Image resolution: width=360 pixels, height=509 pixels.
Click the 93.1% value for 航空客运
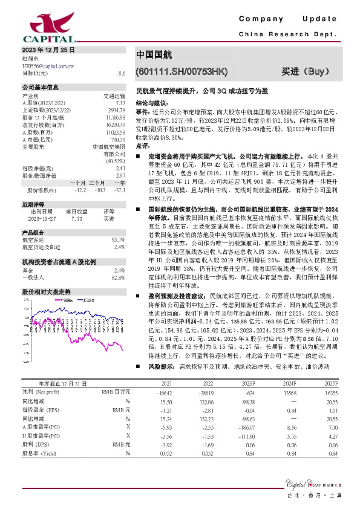[x=119, y=240]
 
